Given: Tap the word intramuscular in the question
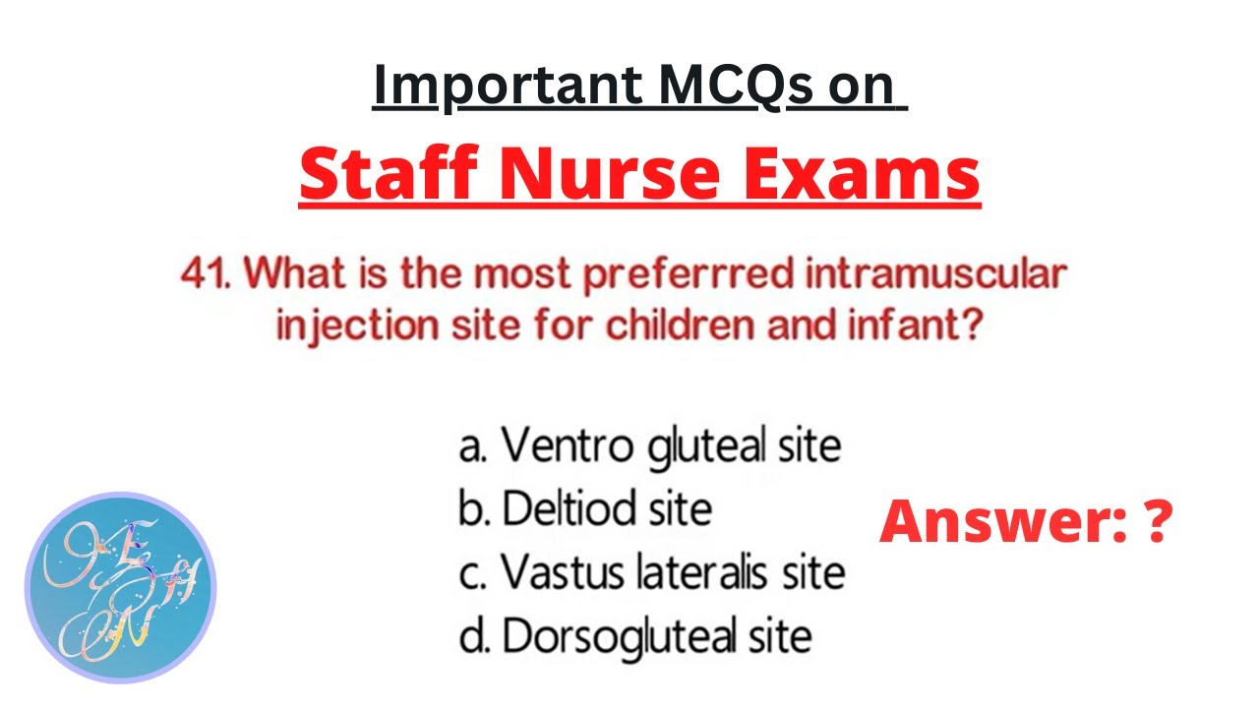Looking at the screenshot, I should (x=935, y=274).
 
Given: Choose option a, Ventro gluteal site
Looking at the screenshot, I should (x=650, y=445).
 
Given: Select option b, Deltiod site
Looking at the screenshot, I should (x=584, y=508).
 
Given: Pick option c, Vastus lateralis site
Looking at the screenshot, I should (x=651, y=572).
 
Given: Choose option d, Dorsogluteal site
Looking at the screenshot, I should (x=635, y=636).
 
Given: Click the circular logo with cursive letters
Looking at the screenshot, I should (x=119, y=588).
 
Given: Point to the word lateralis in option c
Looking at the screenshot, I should (x=705, y=572).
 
